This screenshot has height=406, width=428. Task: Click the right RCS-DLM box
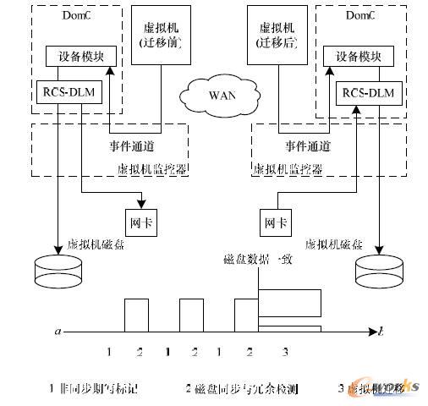(365, 93)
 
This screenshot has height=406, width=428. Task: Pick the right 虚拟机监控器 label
(288, 169)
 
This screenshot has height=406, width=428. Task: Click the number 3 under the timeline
(285, 351)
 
